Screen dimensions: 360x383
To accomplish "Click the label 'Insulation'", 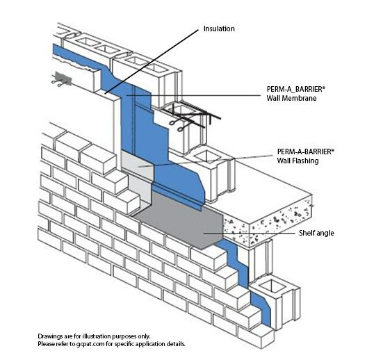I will click(218, 29).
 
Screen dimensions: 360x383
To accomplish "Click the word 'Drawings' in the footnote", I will click(52, 336).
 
